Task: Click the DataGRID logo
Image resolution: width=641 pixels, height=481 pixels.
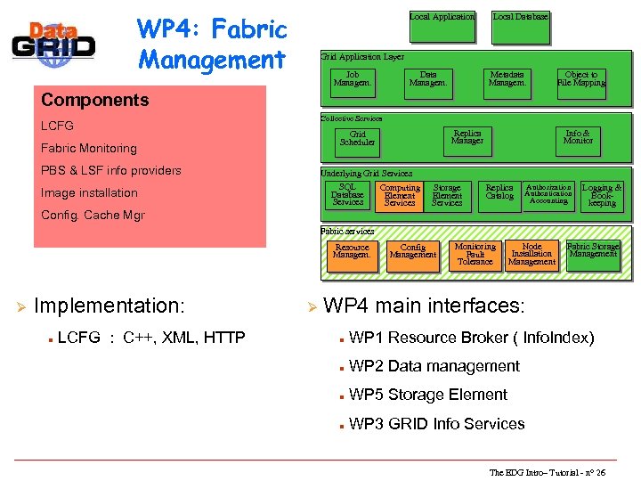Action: (x=54, y=43)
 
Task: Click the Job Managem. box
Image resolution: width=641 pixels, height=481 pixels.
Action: (x=353, y=79)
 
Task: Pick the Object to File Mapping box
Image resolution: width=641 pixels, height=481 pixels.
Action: (x=581, y=79)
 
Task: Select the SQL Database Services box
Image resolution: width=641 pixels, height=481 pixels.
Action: (x=347, y=195)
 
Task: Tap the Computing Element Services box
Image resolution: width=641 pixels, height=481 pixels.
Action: (x=400, y=196)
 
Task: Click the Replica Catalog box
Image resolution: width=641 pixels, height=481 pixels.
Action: (x=499, y=192)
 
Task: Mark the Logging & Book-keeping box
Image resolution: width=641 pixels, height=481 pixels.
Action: (x=602, y=196)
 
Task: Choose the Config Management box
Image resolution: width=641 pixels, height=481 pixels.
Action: (x=413, y=252)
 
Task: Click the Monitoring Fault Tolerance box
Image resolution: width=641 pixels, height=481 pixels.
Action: (x=475, y=254)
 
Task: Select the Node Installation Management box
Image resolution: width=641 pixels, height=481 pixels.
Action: (x=531, y=254)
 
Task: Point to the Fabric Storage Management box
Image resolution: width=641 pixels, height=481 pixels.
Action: (x=593, y=250)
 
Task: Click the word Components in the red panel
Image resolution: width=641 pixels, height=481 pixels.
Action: (x=94, y=100)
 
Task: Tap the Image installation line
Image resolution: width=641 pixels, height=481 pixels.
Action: (x=89, y=192)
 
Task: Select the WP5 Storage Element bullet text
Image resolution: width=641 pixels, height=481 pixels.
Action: (x=428, y=395)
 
